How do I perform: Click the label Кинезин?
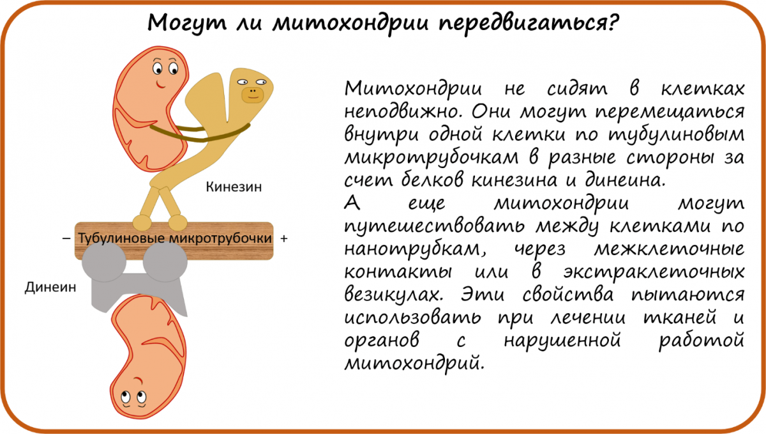(234, 187)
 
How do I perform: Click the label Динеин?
(50, 288)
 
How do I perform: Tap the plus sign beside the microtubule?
(284, 238)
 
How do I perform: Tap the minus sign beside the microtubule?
(66, 238)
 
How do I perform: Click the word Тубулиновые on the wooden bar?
(122, 238)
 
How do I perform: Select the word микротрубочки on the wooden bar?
(221, 238)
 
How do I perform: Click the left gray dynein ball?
(104, 261)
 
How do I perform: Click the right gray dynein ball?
(165, 261)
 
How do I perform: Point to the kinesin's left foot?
(142, 222)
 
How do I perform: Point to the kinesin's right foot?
(178, 222)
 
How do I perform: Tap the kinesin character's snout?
(253, 95)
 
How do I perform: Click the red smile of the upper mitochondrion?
(160, 84)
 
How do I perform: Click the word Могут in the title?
(187, 23)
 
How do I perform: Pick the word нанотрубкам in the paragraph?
(415, 249)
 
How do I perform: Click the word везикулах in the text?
(393, 295)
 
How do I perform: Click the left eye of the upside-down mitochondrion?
(126, 397)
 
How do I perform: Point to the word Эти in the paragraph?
(482, 295)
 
